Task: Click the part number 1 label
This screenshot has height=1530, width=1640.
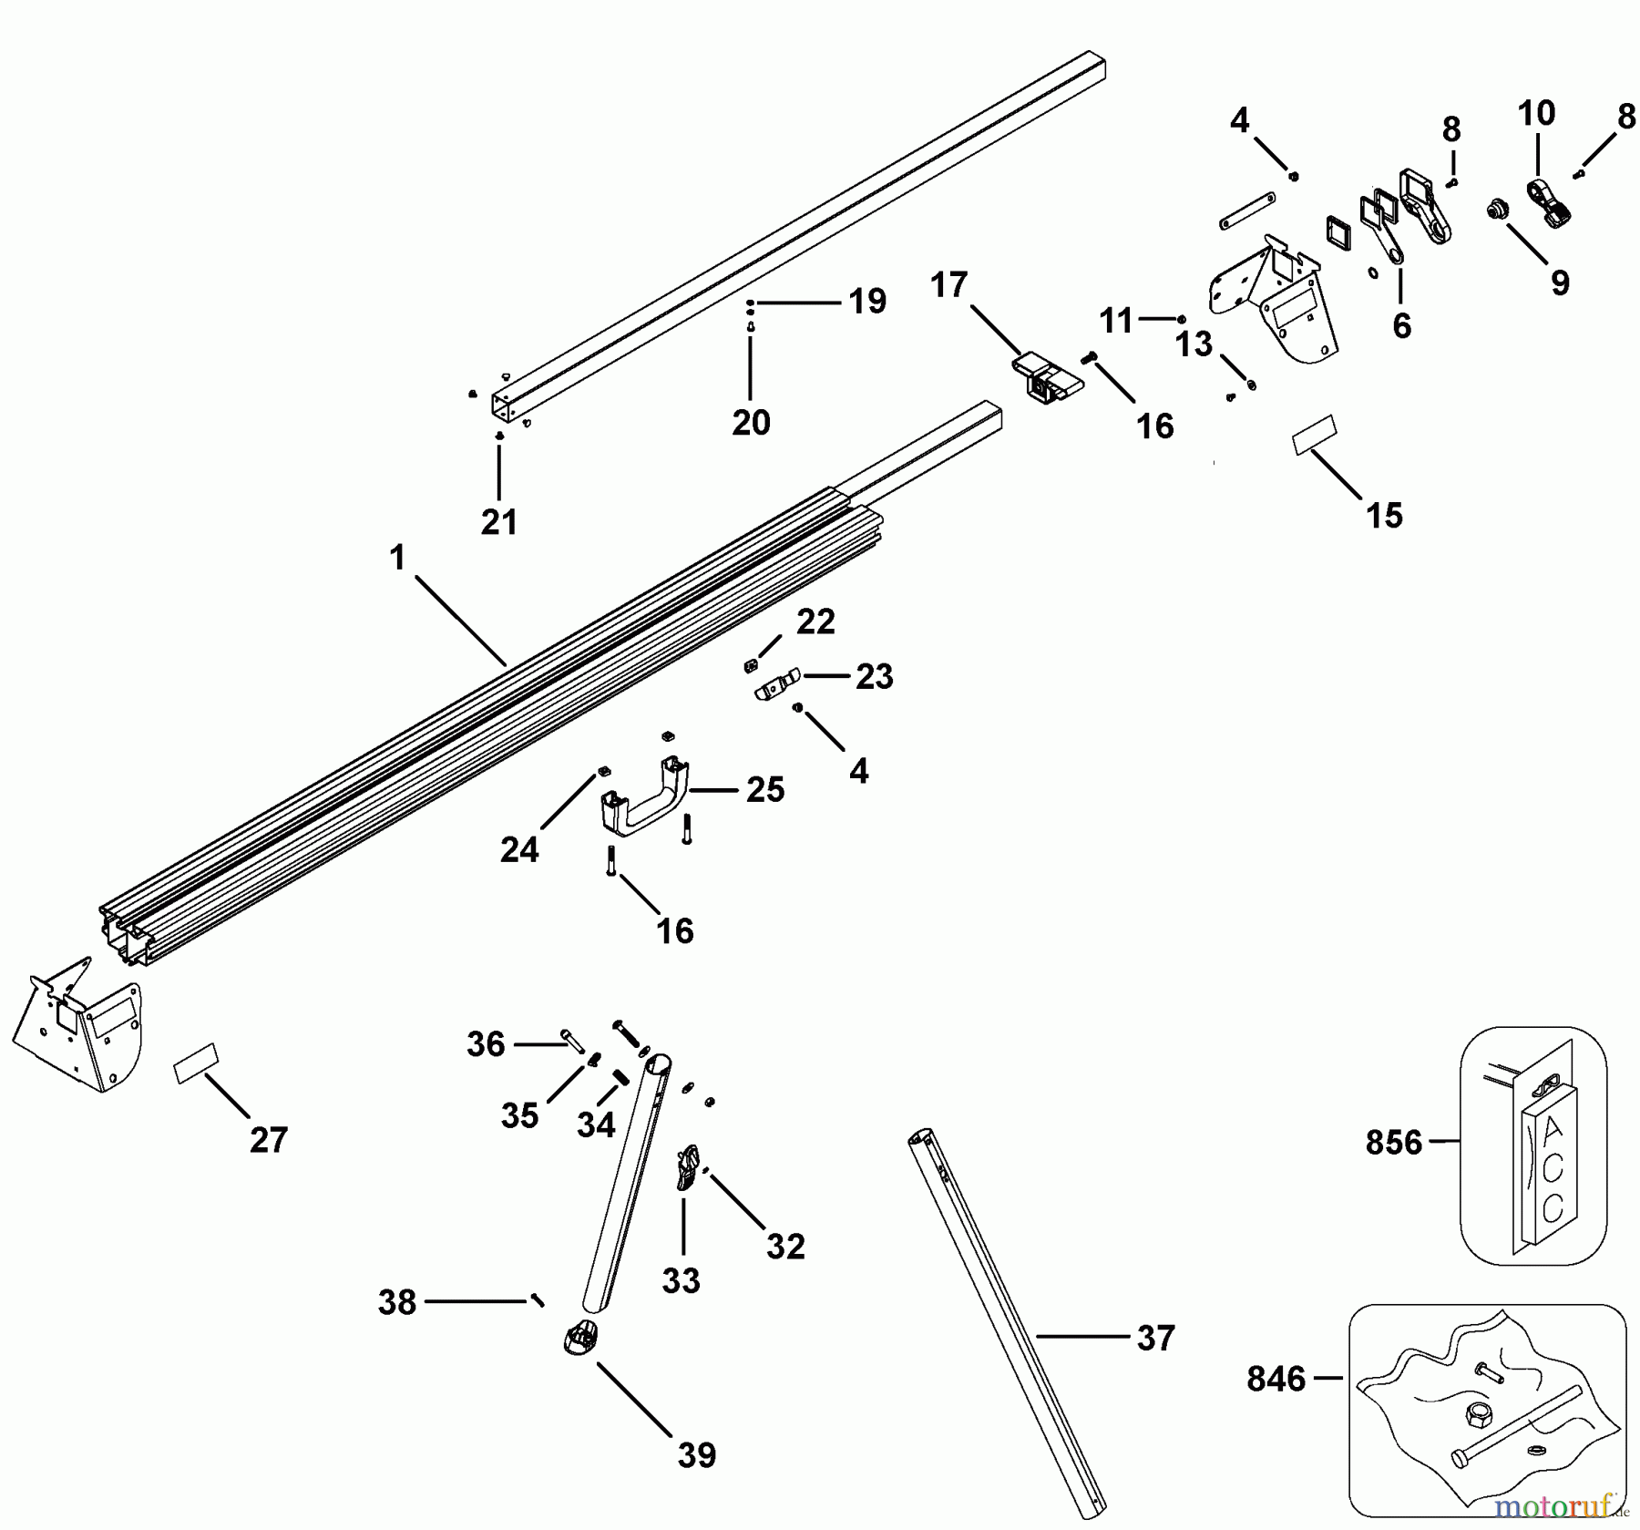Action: coord(397,558)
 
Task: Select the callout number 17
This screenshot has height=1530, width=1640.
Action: coord(948,285)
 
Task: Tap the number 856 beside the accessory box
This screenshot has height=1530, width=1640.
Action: coord(1393,1142)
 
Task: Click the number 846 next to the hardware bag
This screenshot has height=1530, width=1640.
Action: coord(1276,1379)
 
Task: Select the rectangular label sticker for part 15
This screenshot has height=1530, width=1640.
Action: coord(1313,435)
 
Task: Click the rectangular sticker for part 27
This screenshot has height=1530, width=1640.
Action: coord(196,1063)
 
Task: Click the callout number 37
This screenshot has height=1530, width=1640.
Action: coord(1154,1338)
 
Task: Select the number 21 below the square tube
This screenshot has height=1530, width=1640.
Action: coord(499,522)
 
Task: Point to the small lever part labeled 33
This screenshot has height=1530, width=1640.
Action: coord(687,1168)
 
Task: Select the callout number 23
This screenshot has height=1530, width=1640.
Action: coord(874,676)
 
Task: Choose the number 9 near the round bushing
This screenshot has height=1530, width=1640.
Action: coord(1560,282)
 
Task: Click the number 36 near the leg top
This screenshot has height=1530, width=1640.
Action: coord(486,1044)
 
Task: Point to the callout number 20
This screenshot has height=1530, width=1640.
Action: coord(751,422)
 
